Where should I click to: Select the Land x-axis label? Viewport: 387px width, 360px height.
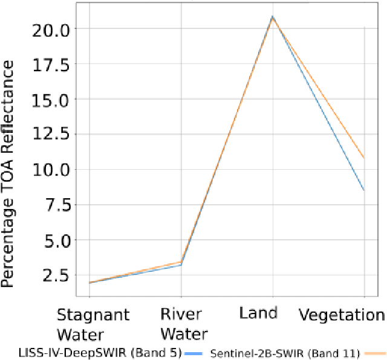(258, 313)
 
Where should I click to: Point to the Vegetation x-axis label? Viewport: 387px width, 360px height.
(342, 315)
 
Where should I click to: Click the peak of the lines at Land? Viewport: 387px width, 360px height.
(272, 17)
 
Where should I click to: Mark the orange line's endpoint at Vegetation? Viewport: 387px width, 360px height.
(364, 158)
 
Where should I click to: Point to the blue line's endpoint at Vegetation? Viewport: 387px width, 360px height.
(364, 191)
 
